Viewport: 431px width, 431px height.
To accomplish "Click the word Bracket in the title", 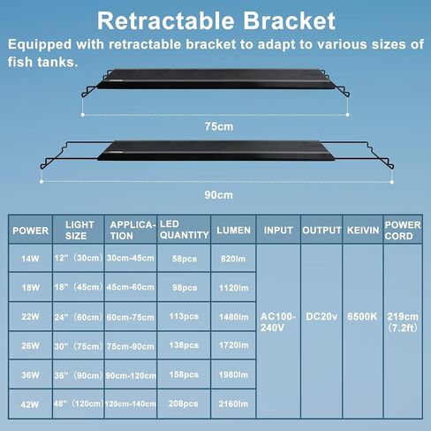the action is click(289, 21).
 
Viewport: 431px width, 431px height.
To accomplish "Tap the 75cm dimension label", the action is click(219, 126).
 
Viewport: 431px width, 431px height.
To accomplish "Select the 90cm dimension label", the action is click(219, 195).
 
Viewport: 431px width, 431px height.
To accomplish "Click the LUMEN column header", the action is click(233, 231).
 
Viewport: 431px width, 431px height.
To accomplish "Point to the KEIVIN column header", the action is click(363, 231).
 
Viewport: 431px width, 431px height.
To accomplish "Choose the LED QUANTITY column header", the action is click(185, 230).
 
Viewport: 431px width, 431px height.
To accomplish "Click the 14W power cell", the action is click(30, 259).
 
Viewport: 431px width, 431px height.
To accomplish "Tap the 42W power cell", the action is click(30, 405).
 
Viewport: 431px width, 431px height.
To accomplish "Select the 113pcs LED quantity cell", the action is click(184, 316).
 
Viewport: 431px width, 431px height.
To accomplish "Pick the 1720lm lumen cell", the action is click(233, 345).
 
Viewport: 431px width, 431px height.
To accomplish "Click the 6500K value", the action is click(362, 316).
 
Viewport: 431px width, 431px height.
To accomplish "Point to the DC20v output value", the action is click(321, 316).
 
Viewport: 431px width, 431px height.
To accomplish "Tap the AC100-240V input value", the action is click(278, 321).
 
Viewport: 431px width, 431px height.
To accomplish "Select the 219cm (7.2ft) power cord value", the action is click(403, 322).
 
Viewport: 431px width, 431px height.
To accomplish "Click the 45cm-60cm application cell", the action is click(131, 287).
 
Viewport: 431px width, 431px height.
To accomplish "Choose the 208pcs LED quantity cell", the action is click(183, 404).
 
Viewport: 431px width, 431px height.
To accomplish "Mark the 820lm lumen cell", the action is click(233, 259).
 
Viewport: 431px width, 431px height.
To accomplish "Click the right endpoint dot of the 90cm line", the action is click(391, 182).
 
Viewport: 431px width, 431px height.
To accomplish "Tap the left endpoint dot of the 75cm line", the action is click(83, 115).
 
